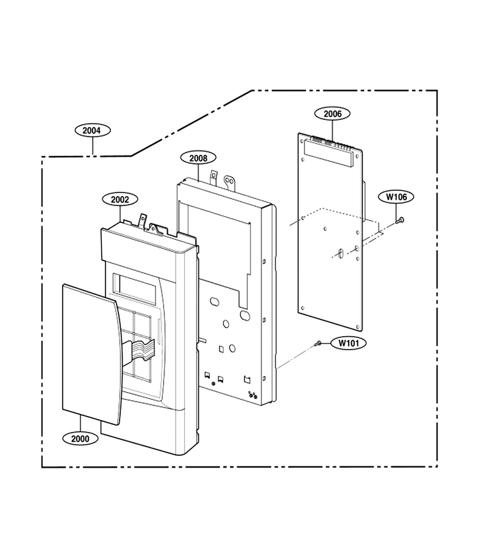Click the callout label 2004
[x=93, y=130]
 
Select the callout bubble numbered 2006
[x=333, y=114]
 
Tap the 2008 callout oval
[x=198, y=158]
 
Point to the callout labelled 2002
[x=120, y=199]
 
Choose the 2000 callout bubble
[x=80, y=439]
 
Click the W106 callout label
[x=396, y=197]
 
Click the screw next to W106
[x=400, y=221]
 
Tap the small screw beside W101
[x=319, y=342]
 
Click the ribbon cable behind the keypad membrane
[x=139, y=350]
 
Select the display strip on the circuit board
[x=328, y=152]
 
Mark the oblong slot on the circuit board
[x=340, y=253]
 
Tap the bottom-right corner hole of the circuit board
[x=358, y=326]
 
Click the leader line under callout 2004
[x=93, y=146]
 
